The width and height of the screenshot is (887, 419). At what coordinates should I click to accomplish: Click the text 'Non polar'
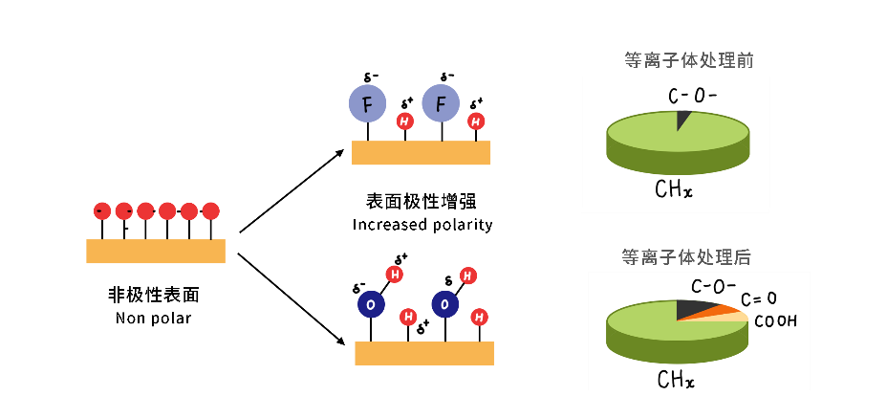(x=153, y=318)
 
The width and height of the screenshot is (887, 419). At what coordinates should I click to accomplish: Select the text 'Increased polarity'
(x=422, y=225)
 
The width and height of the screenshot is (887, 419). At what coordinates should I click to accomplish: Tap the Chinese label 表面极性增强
(x=422, y=202)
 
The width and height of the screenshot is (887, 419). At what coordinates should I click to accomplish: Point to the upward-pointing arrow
(x=292, y=189)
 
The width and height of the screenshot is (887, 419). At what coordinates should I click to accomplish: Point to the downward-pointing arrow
(x=292, y=298)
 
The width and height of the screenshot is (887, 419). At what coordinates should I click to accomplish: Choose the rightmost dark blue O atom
(x=444, y=303)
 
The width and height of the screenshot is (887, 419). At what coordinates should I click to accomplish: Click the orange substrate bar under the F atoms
(x=421, y=153)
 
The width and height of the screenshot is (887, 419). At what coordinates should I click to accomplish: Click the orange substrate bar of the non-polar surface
(x=156, y=251)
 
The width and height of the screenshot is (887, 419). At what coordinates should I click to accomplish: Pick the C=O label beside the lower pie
(x=758, y=299)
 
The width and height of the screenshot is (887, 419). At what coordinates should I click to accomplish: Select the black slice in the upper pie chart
(x=681, y=119)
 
